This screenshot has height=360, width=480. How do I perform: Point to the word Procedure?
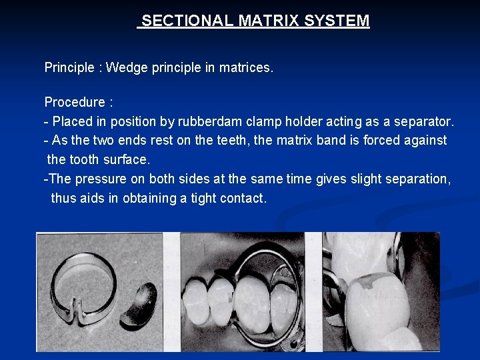coord(75,103)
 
